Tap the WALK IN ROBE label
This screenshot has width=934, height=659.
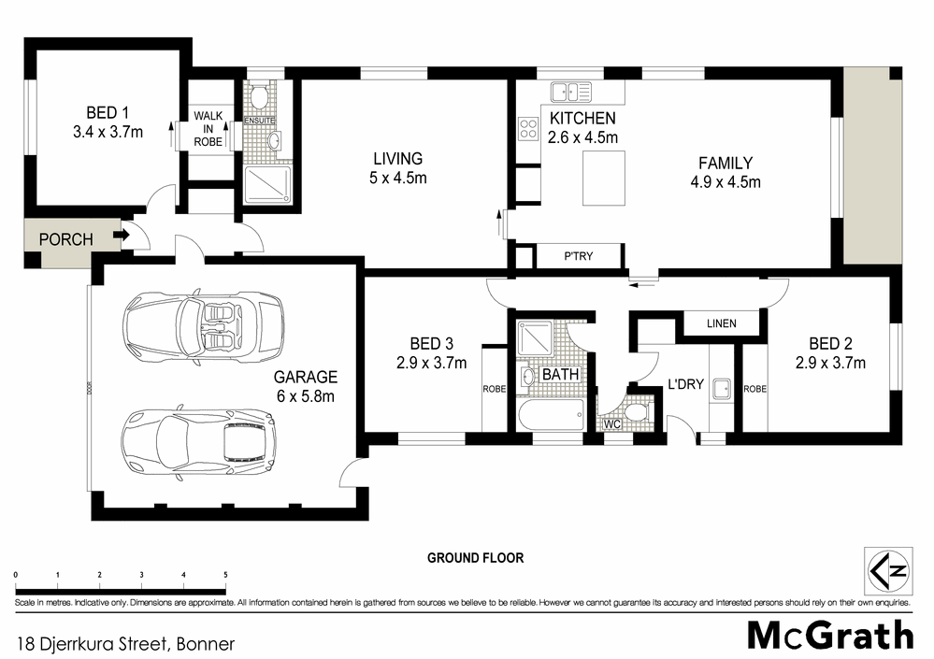click(x=208, y=128)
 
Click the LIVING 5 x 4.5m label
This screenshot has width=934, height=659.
click(x=397, y=168)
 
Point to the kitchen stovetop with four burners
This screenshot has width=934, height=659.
click(x=528, y=129)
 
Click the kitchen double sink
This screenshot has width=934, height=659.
click(x=571, y=92)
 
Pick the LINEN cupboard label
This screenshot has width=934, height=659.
click(x=721, y=323)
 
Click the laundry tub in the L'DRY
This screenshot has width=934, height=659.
click(x=720, y=388)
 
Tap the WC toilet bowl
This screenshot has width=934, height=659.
click(x=635, y=411)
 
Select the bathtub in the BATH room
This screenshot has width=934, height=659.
click(x=550, y=415)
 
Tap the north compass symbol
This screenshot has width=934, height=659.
click(x=884, y=568)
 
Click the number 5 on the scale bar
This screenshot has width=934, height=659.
click(x=225, y=574)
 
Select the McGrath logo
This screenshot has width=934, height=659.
click(x=829, y=635)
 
